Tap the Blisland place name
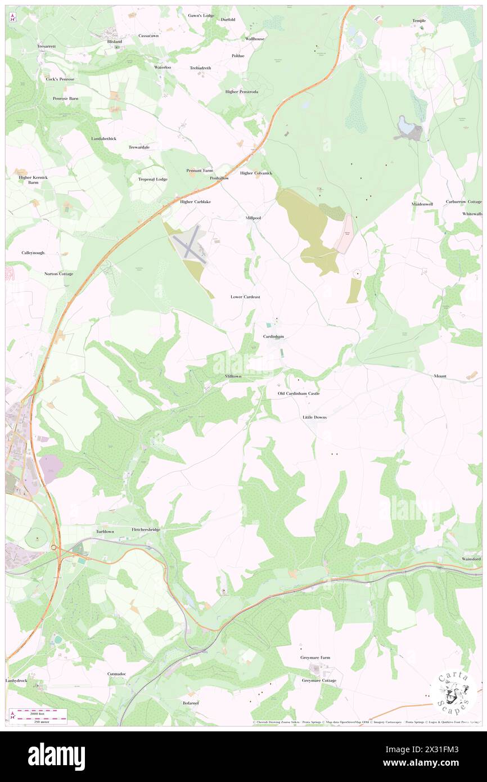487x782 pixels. (115, 42)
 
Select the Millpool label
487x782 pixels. (253, 217)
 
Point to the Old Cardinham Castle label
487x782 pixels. (299, 393)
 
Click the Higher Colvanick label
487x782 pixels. (256, 173)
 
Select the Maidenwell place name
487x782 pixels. (422, 204)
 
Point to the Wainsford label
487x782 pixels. (471, 559)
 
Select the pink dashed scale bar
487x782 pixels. (42, 711)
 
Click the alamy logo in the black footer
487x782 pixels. (56, 757)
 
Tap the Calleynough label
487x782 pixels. (33, 253)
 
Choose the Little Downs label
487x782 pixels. (314, 417)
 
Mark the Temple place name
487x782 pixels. (419, 21)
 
